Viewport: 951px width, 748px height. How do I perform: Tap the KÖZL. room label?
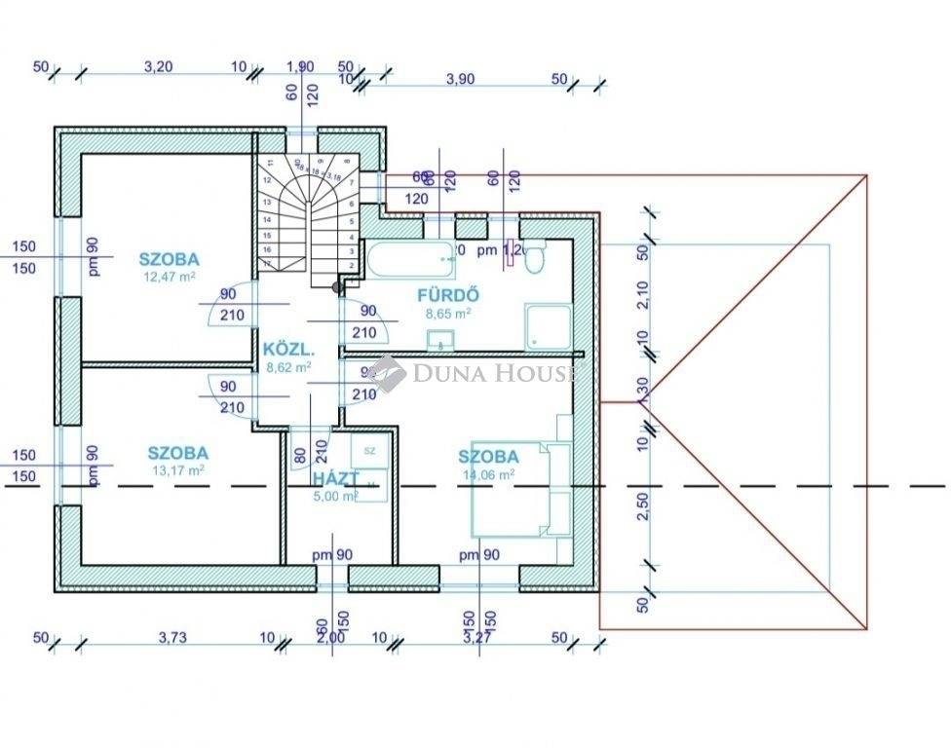(287, 350)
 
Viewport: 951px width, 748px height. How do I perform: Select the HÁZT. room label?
(335, 478)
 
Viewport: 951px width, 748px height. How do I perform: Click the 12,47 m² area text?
(169, 277)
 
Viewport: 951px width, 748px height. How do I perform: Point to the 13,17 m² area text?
(177, 469)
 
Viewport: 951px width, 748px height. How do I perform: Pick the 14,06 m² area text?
(488, 474)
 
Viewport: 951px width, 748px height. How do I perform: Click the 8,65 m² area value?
(448, 314)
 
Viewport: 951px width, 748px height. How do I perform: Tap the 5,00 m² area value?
(335, 495)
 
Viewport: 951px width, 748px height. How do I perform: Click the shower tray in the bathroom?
(547, 326)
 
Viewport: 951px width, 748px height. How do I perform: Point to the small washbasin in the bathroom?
(439, 339)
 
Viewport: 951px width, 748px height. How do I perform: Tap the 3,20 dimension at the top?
(158, 67)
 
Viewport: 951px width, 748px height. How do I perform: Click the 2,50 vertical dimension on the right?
(642, 507)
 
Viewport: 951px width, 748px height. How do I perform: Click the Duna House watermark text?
(493, 373)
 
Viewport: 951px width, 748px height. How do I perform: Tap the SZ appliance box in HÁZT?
(370, 451)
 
